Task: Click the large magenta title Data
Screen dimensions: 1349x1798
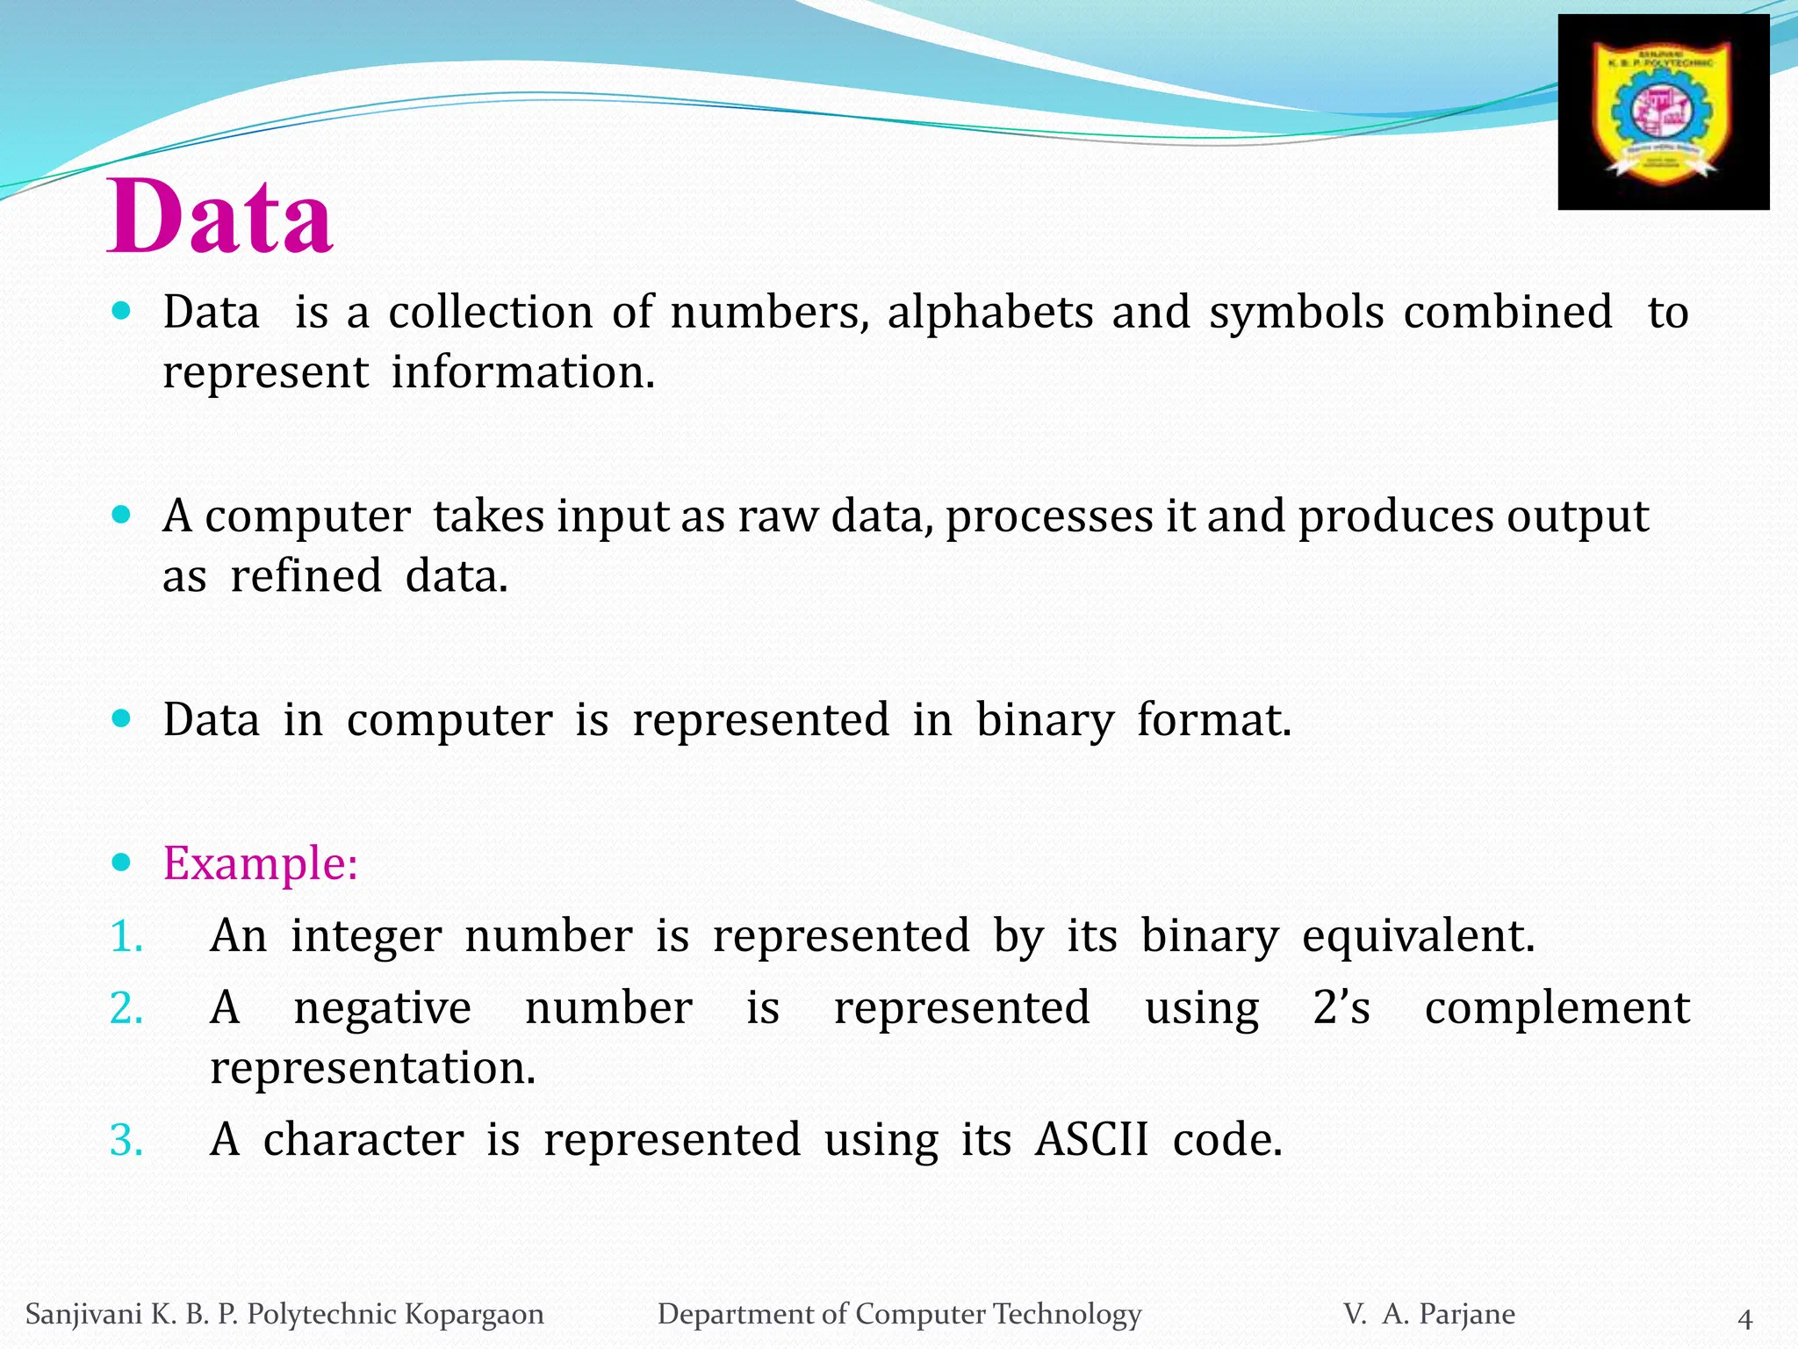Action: [219, 216]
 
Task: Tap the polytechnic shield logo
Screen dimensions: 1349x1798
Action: [1663, 112]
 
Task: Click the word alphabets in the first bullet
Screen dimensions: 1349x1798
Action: [990, 312]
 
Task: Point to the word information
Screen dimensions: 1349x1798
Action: [523, 372]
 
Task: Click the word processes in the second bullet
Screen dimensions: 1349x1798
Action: [1049, 516]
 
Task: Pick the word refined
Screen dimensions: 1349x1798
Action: [306, 577]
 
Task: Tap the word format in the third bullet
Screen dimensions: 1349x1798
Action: [1214, 720]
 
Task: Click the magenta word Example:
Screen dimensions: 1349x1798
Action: [261, 863]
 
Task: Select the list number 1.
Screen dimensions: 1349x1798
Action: [126, 936]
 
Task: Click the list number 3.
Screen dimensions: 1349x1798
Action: [126, 1141]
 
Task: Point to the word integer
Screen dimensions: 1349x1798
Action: [366, 936]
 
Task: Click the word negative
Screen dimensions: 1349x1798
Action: [382, 1008]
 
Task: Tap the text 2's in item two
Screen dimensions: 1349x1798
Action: [1341, 1008]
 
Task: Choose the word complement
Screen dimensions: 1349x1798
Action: [1557, 1008]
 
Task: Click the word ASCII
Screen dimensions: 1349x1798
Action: [1091, 1140]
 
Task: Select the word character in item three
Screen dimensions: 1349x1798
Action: [363, 1140]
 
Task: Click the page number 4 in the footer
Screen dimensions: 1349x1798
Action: [1745, 1319]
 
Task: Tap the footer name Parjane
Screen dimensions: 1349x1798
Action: [1467, 1314]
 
